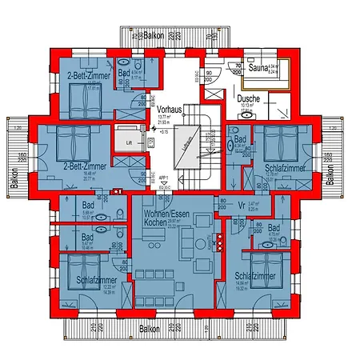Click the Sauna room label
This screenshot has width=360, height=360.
(x=258, y=68)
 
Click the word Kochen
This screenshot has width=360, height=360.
(x=156, y=225)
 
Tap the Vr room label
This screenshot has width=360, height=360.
(x=241, y=206)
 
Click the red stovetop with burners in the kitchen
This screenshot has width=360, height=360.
(x=205, y=250)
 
